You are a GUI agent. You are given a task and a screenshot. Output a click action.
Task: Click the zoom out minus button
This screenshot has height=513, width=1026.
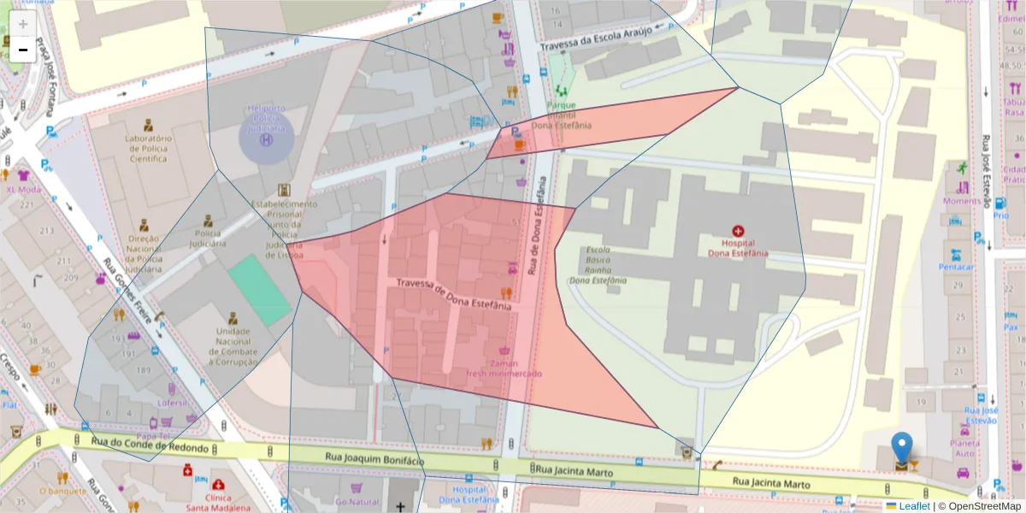click(x=23, y=50)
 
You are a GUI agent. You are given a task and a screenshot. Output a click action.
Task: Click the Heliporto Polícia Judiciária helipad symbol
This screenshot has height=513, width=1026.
click(x=266, y=138)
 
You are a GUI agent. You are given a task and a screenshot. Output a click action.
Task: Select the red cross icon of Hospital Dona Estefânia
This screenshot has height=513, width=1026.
click(x=738, y=230)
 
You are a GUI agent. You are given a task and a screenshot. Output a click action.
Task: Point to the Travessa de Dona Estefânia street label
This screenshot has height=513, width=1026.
click(x=454, y=293)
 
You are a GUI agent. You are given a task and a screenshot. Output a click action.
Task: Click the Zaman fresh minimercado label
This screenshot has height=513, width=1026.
click(x=504, y=368)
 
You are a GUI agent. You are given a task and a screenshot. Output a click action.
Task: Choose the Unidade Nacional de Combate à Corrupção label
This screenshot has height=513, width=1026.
click(x=227, y=346)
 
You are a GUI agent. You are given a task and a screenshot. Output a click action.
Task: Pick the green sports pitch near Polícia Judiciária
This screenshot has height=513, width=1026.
click(x=259, y=290)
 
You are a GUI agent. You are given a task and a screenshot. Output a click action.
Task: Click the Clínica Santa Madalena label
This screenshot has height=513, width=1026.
click(x=218, y=501)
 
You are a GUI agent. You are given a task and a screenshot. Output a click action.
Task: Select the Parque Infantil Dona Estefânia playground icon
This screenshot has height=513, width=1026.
click(x=562, y=88)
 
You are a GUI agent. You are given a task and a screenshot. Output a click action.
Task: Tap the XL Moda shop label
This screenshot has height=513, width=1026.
click(x=23, y=189)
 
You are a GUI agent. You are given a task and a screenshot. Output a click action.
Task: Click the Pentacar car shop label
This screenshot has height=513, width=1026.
click(x=956, y=266)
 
